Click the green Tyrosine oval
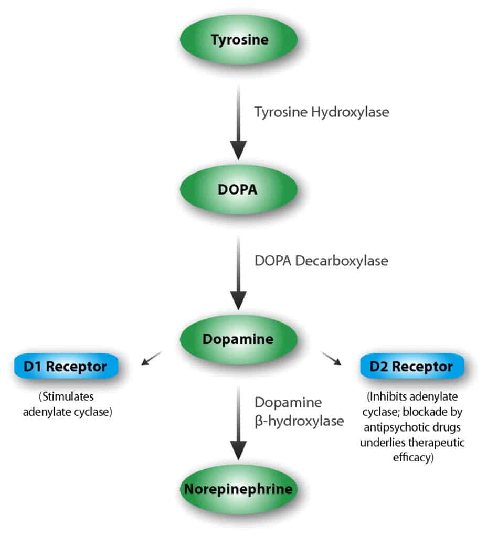pos(239,39)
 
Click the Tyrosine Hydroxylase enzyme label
pos(322,112)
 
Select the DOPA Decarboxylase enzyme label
pos(321,261)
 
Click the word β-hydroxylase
pos(299,421)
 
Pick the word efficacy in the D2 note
pos(412,457)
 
